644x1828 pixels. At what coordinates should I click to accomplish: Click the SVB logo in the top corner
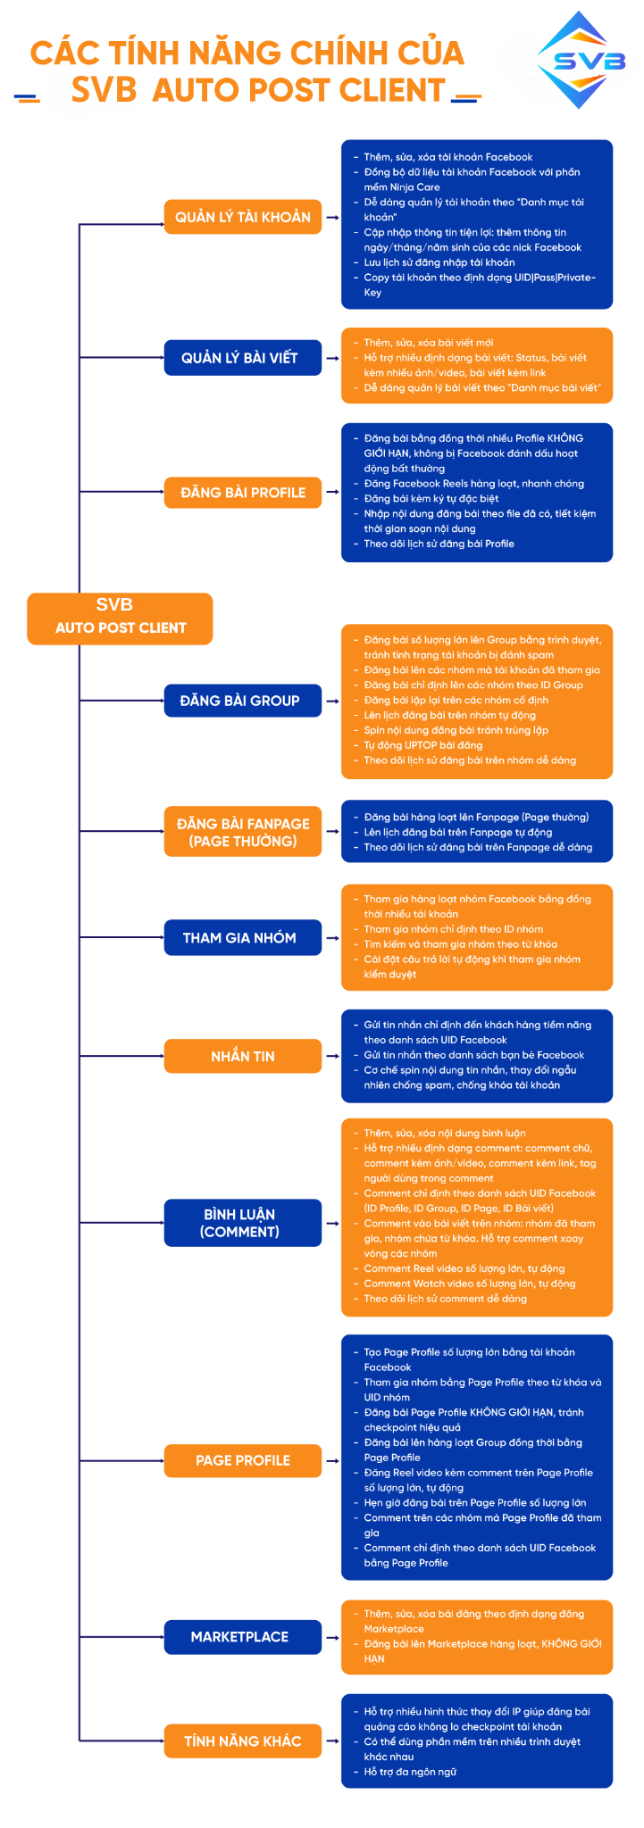click(x=581, y=61)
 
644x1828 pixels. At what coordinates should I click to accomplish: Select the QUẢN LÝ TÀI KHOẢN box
click(x=242, y=217)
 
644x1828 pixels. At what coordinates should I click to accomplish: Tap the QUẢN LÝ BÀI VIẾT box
click(x=242, y=358)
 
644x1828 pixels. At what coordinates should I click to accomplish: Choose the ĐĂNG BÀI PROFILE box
click(x=242, y=493)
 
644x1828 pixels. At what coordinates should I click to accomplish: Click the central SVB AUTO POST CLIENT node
click(x=120, y=618)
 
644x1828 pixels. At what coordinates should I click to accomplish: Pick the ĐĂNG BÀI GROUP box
click(x=242, y=701)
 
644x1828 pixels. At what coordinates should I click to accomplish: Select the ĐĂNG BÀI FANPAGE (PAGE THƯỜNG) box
click(x=242, y=832)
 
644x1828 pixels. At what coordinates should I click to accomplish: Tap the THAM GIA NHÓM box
click(x=242, y=937)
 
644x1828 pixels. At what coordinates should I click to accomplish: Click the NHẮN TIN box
click(x=242, y=1056)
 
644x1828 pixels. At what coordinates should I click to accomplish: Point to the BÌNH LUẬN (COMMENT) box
click(x=242, y=1223)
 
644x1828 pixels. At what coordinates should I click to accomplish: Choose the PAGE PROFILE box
click(x=242, y=1460)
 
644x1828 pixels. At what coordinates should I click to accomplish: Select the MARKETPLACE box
click(x=242, y=1636)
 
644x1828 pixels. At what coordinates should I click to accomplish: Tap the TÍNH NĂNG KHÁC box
click(x=242, y=1741)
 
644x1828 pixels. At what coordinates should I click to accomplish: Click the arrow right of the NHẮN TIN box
click(x=332, y=1056)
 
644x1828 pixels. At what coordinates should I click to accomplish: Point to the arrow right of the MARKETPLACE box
click(x=332, y=1637)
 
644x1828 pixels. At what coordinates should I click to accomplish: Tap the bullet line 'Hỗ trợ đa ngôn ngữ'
click(x=410, y=1772)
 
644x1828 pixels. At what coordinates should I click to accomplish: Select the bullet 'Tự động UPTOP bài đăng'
click(x=422, y=745)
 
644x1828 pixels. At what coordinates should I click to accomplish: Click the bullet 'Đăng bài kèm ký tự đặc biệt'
click(x=431, y=499)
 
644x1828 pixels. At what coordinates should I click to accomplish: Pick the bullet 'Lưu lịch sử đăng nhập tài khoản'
click(x=439, y=262)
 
